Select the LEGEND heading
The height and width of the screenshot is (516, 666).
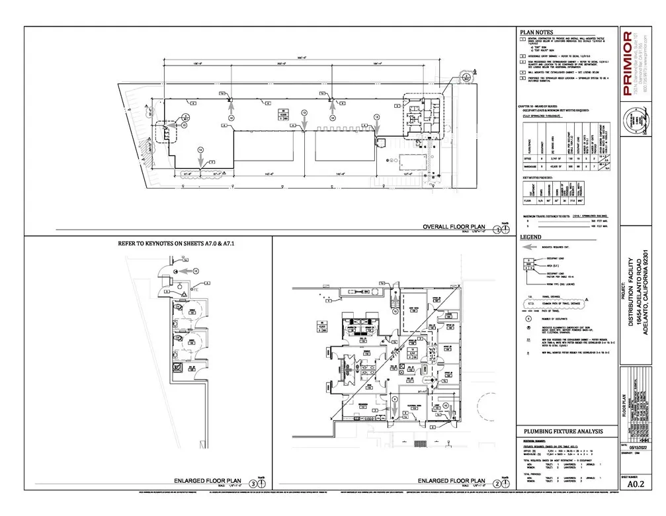point(530,237)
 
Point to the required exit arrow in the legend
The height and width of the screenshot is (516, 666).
point(530,246)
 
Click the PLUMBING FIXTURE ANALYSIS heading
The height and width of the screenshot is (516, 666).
point(561,431)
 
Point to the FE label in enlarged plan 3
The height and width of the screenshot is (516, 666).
point(196,290)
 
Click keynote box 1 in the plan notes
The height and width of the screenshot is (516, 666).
point(522,39)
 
